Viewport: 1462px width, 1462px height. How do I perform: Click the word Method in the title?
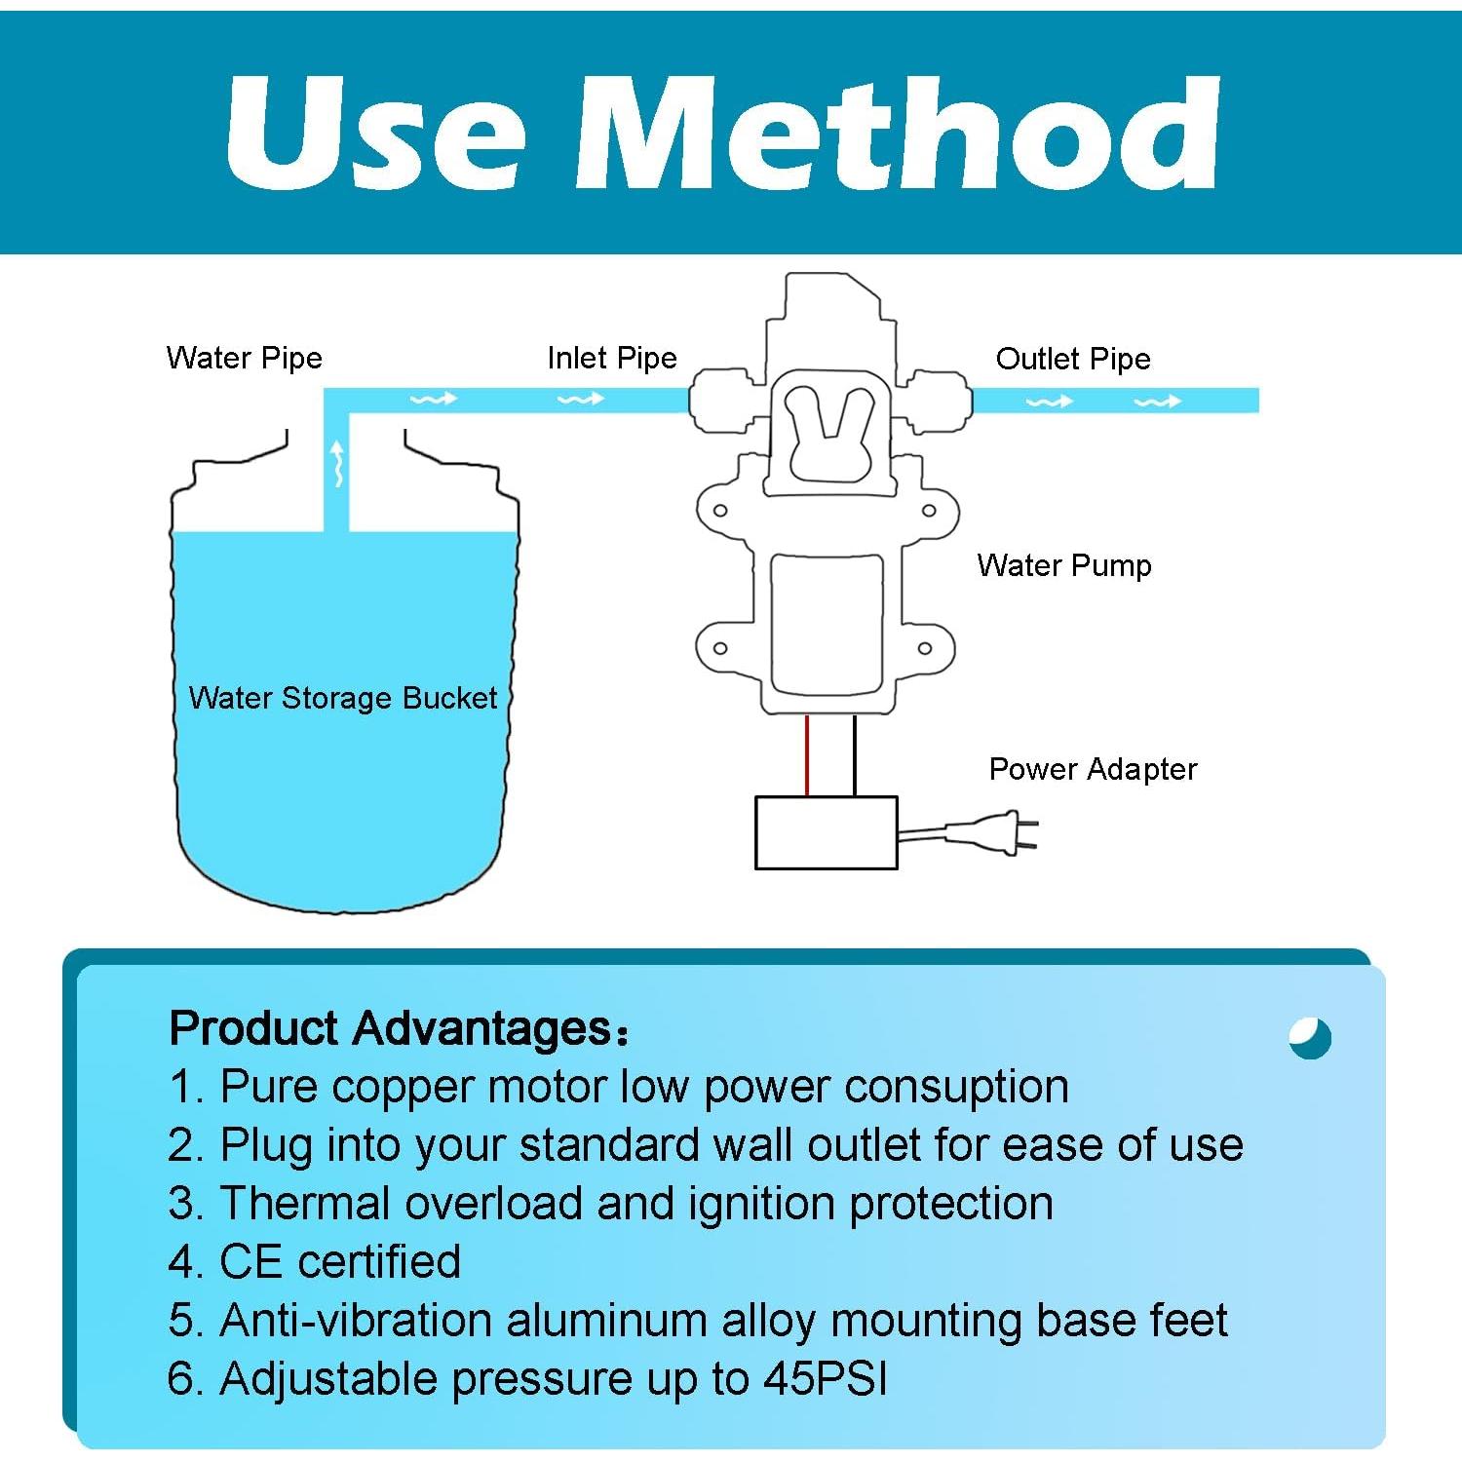897,134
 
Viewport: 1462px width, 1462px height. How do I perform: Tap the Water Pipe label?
244,358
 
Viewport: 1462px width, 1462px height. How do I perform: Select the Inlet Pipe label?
611,358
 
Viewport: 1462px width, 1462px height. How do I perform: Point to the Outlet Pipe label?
1072,359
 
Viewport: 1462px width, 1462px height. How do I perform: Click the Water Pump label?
1063,565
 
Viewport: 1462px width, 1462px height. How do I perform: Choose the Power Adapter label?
1092,769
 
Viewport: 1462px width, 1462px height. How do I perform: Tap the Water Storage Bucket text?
342,698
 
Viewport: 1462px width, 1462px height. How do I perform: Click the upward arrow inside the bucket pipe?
337,461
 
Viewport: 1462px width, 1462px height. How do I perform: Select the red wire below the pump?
807,756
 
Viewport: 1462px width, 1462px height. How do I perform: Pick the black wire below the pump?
855,756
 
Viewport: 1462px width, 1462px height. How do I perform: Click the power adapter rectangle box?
826,832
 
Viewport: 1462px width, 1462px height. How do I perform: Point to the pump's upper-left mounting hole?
720,510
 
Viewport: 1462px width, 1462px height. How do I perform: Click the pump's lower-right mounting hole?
925,648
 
